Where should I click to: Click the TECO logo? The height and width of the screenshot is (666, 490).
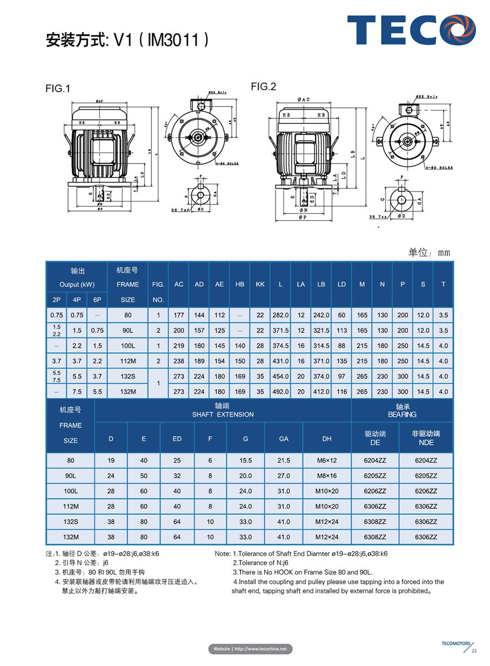(x=411, y=31)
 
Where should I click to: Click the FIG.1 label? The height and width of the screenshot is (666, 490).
(x=58, y=89)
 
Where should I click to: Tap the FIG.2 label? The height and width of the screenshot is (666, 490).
(x=264, y=87)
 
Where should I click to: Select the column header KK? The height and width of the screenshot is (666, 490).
(x=260, y=284)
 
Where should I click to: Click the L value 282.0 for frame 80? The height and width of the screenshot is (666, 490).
(x=280, y=315)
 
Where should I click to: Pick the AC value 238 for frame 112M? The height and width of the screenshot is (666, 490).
(x=179, y=361)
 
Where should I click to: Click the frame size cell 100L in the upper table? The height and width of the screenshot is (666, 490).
(x=128, y=346)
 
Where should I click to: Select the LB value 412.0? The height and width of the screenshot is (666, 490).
(x=321, y=391)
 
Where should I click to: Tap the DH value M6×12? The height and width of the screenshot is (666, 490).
(x=327, y=461)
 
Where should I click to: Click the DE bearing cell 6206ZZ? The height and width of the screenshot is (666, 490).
(x=375, y=491)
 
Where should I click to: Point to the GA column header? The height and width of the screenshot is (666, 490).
(x=284, y=438)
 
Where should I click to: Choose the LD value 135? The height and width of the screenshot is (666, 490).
(x=341, y=361)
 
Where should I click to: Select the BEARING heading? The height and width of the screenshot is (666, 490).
(x=402, y=415)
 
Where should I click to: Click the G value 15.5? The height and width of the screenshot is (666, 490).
(x=246, y=461)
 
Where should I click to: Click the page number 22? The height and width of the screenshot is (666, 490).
(x=474, y=651)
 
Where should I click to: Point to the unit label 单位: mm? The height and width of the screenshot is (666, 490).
(x=430, y=252)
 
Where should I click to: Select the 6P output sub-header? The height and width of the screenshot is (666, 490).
(x=97, y=300)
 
